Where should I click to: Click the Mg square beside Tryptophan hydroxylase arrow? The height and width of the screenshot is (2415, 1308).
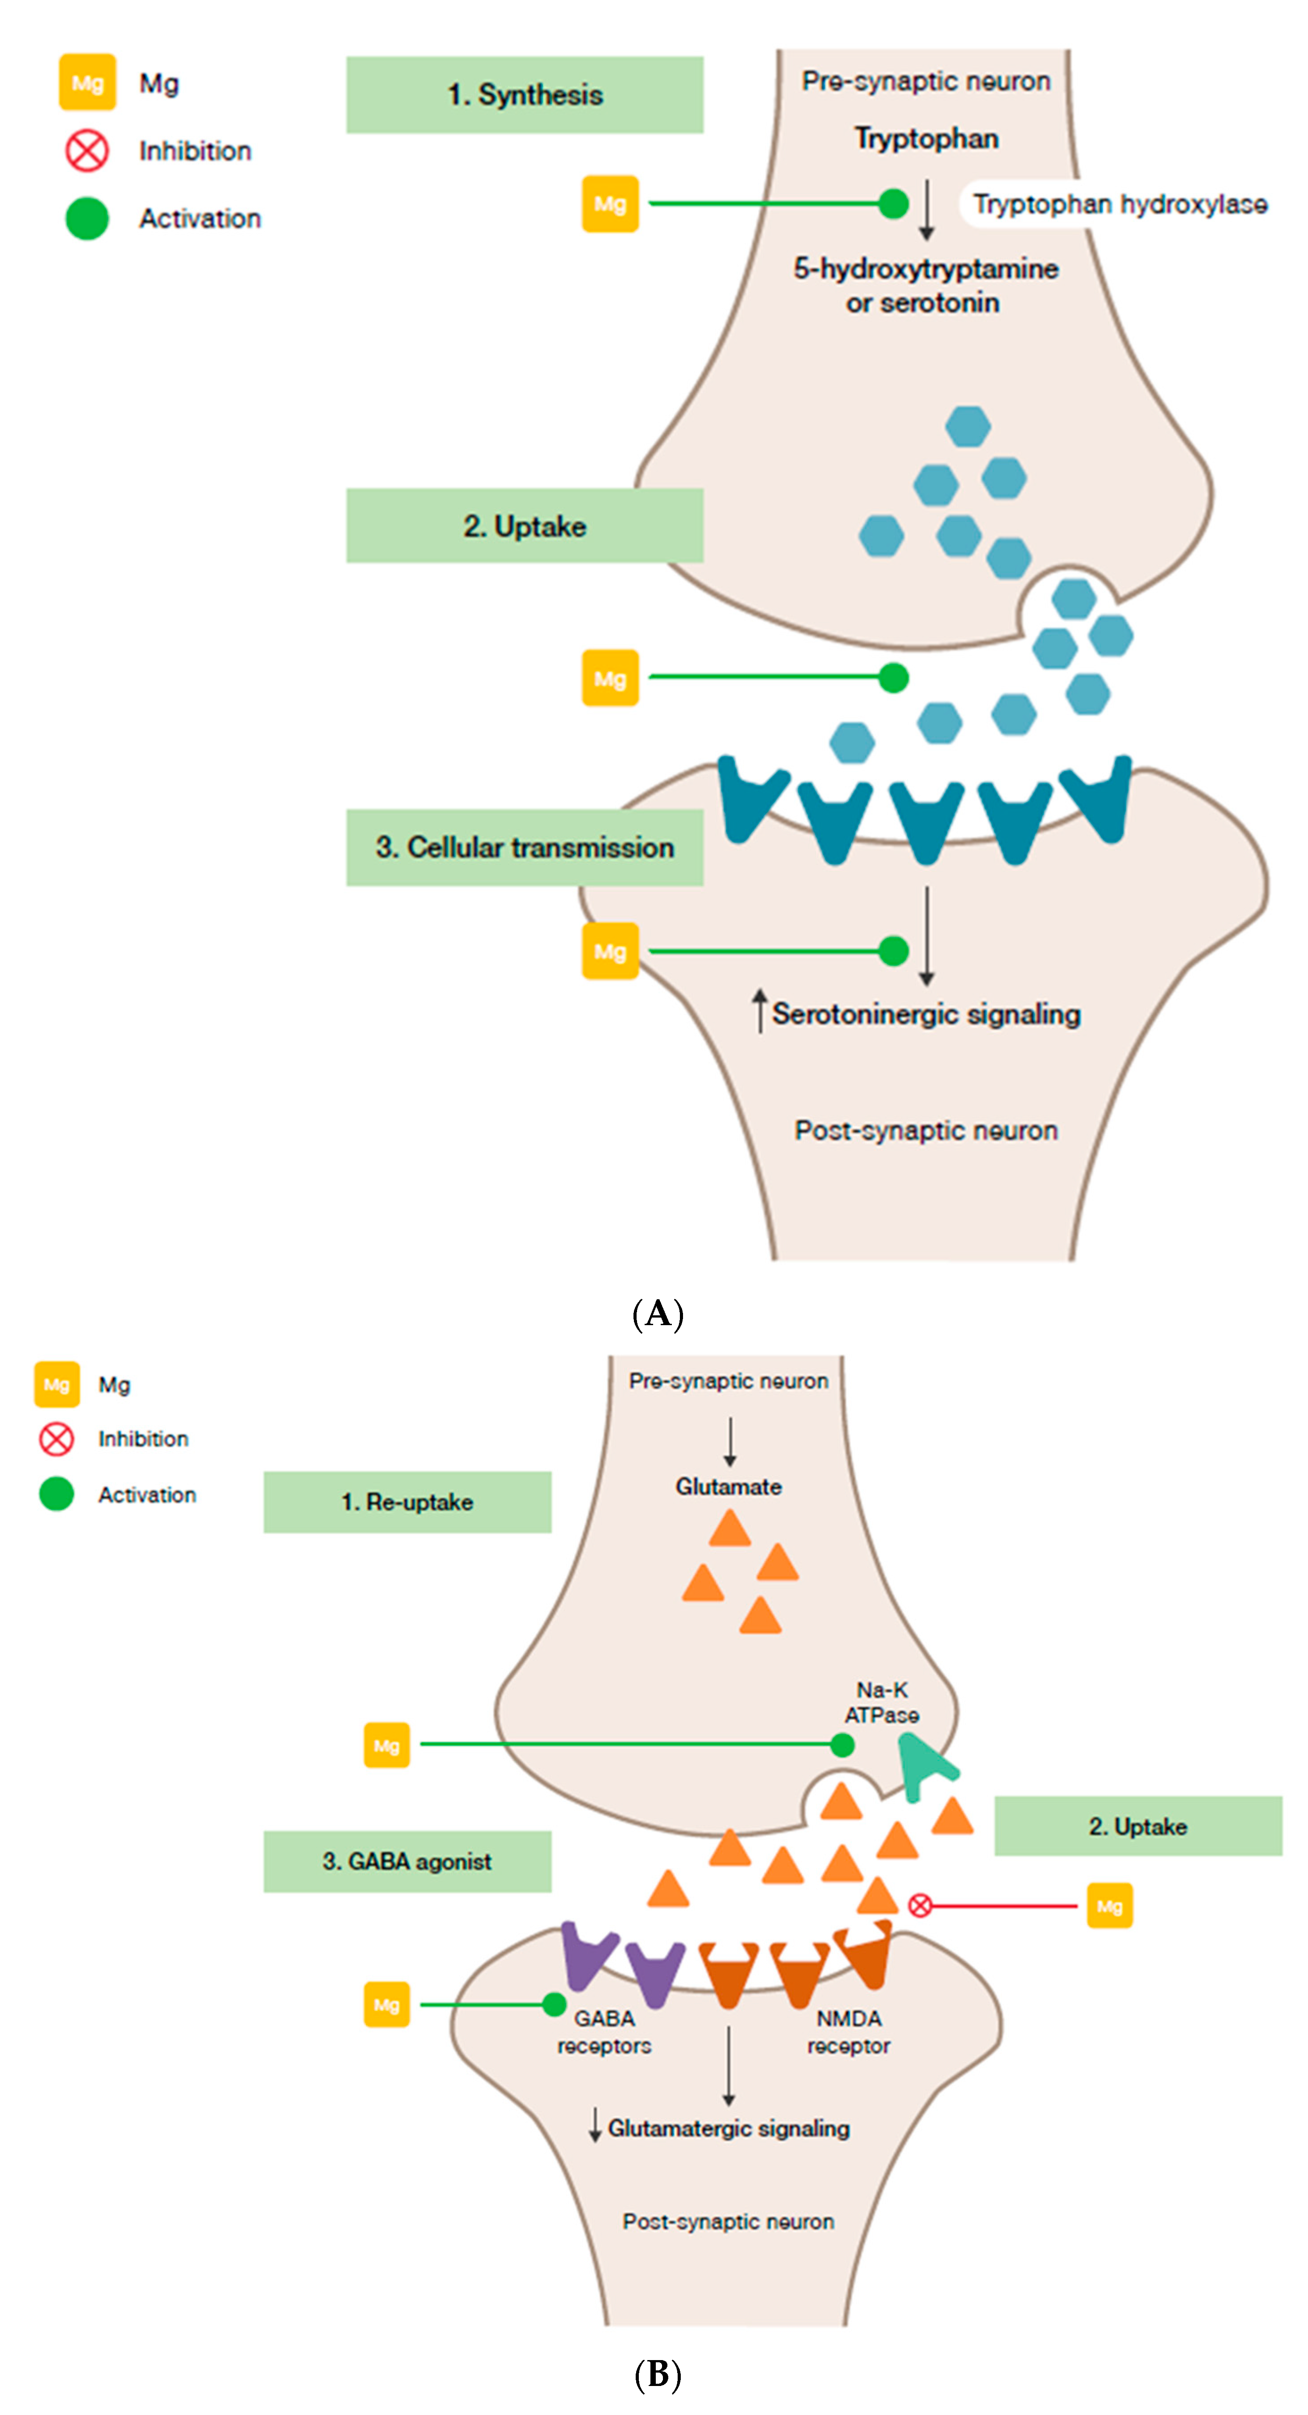[x=610, y=204]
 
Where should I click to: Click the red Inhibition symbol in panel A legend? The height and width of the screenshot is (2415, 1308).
[x=87, y=151]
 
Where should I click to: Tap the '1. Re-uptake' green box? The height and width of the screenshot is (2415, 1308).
[x=407, y=1502]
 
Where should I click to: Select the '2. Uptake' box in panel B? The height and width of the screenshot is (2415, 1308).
[x=1137, y=1826]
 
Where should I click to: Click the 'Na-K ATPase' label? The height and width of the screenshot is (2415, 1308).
[x=881, y=1702]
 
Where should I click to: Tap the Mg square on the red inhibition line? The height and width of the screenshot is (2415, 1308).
[x=1109, y=1906]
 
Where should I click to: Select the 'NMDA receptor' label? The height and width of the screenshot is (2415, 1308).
[x=849, y=2031]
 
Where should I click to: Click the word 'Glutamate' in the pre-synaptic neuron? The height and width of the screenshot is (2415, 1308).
[x=729, y=1487]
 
